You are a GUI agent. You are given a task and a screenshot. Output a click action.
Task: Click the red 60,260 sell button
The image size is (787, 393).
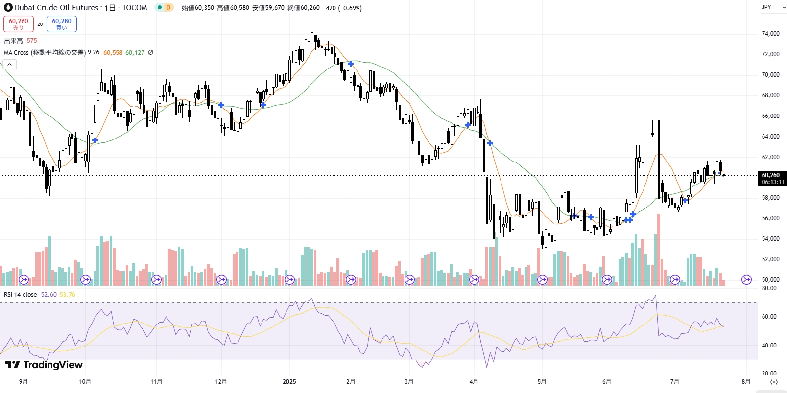coord(19,23)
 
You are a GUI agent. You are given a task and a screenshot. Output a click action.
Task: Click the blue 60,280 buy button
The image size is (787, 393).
coord(62,23)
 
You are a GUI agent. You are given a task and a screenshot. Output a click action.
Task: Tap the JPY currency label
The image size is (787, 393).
coord(766,7)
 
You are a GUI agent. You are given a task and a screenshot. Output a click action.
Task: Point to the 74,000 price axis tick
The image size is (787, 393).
coord(770,34)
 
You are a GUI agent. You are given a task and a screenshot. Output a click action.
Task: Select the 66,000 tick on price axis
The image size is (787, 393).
coord(770,116)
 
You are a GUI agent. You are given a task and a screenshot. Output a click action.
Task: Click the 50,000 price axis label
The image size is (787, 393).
coord(770,280)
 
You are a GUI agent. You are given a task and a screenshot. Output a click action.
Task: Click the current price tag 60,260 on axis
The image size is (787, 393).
coord(772,178)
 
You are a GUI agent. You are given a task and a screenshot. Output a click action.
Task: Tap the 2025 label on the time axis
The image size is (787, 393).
coord(289,382)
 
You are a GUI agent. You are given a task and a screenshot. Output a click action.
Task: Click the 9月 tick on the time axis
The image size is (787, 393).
coord(23,382)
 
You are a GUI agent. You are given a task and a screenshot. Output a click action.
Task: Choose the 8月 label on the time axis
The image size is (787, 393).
coord(746,382)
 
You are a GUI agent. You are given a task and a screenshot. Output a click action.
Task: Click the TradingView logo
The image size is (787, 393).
coord(44,365)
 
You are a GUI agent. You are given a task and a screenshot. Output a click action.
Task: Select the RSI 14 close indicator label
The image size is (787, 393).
coord(21,295)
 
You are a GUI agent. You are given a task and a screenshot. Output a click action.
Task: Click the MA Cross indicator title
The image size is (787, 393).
coord(45,53)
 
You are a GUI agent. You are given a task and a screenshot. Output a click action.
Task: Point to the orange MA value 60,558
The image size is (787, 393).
coord(113,53)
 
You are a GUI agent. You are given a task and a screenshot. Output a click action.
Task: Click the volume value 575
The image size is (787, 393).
coord(32,41)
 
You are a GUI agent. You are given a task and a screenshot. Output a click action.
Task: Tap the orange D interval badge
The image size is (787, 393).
coord(168,7)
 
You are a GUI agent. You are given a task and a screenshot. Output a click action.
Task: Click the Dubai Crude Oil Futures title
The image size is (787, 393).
coord(56,8)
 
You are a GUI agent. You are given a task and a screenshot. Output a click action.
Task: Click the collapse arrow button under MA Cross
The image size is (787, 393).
coord(9,64)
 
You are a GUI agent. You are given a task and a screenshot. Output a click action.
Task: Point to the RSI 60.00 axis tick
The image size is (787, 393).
coord(769,317)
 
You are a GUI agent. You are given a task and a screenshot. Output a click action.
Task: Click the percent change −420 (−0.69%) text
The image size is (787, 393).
coord(342,8)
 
